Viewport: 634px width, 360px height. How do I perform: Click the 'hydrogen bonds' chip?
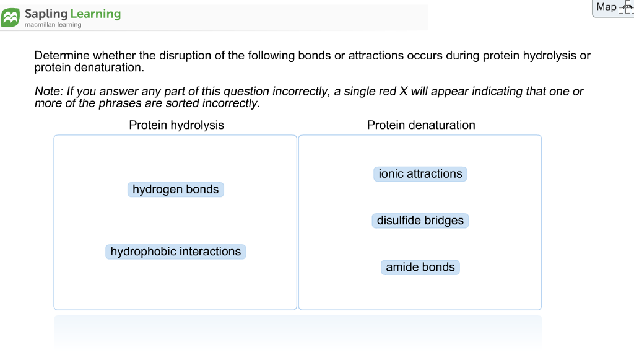tap(175, 190)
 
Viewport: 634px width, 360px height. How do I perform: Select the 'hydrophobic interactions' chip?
tap(176, 252)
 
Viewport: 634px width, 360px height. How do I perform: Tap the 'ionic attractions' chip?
tap(420, 174)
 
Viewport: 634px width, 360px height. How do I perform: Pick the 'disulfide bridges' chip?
tap(420, 221)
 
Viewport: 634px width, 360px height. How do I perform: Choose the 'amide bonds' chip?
tap(420, 267)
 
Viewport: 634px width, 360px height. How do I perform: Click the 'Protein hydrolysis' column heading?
tap(176, 125)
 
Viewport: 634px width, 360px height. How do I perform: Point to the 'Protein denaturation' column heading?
tap(421, 125)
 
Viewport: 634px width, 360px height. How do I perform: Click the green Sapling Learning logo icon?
tap(11, 17)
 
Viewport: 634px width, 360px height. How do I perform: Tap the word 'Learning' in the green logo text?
tap(95, 13)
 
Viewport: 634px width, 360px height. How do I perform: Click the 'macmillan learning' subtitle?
tap(53, 25)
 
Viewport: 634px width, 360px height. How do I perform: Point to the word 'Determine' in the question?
tap(62, 56)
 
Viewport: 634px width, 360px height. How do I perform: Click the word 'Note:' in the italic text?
tap(49, 92)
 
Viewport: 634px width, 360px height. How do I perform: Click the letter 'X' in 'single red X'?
tap(403, 92)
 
